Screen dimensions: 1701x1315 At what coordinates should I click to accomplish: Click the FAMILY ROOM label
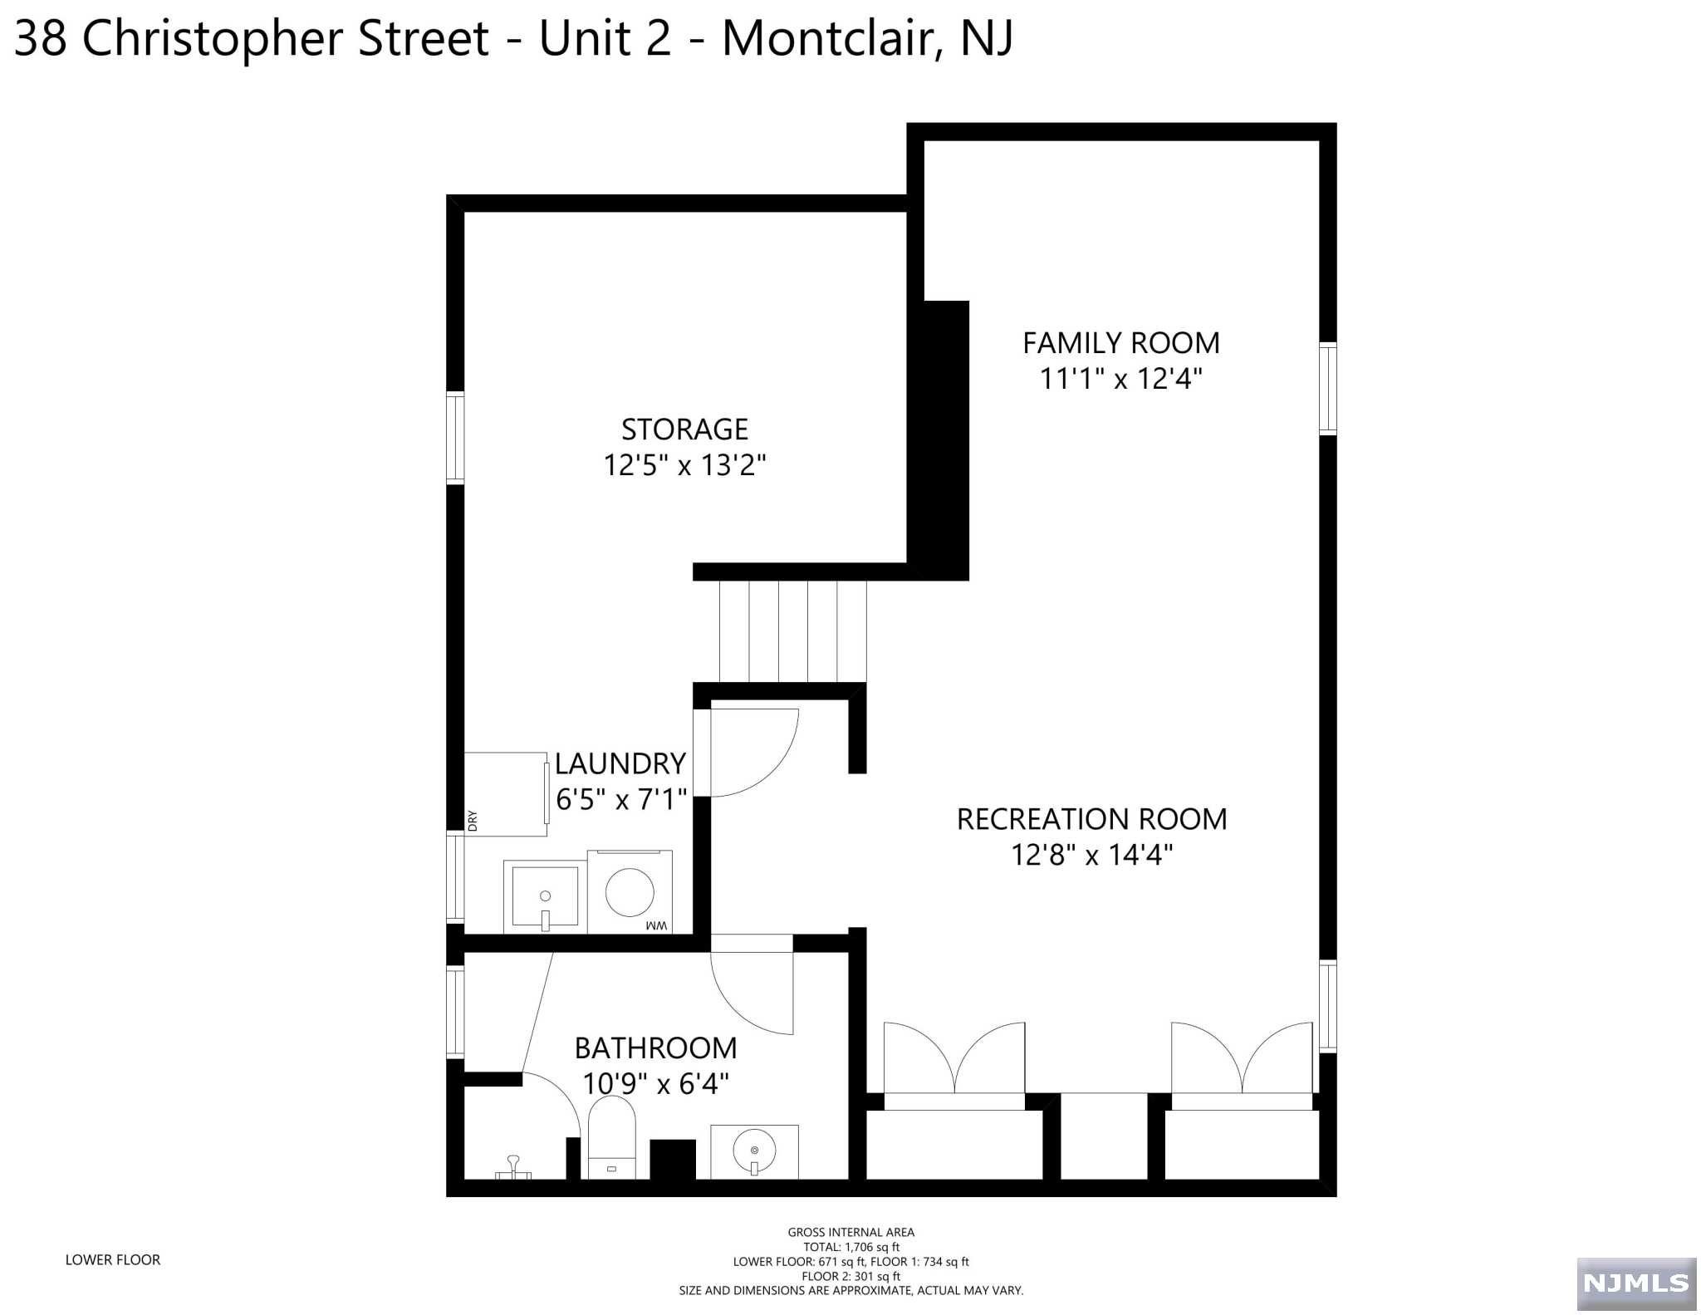tap(1120, 342)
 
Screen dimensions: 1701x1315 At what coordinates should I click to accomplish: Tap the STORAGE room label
tap(684, 429)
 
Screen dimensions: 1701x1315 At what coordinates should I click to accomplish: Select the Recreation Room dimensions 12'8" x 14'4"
tap(1091, 854)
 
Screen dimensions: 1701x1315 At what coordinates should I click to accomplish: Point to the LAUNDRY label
tap(620, 763)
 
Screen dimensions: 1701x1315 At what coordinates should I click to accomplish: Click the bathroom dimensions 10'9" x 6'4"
tap(655, 1083)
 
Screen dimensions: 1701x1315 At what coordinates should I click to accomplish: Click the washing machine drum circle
tap(629, 892)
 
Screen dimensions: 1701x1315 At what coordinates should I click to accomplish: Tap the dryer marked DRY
tap(506, 794)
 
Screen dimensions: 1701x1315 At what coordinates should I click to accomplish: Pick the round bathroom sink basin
tap(754, 1151)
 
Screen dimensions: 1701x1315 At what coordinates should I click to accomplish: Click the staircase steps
tap(792, 631)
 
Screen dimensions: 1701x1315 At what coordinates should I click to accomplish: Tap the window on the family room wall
tap(1328, 388)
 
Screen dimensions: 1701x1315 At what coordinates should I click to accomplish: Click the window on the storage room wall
tap(455, 438)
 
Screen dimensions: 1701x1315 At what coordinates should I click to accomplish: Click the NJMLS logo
tap(1636, 1283)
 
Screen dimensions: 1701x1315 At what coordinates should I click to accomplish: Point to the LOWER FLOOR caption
tap(113, 1259)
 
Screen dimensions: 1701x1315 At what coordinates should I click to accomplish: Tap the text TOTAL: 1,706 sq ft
tap(851, 1247)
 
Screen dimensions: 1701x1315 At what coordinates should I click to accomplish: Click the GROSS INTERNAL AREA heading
tap(851, 1232)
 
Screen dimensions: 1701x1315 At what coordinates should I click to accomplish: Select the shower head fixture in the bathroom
tap(513, 1166)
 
